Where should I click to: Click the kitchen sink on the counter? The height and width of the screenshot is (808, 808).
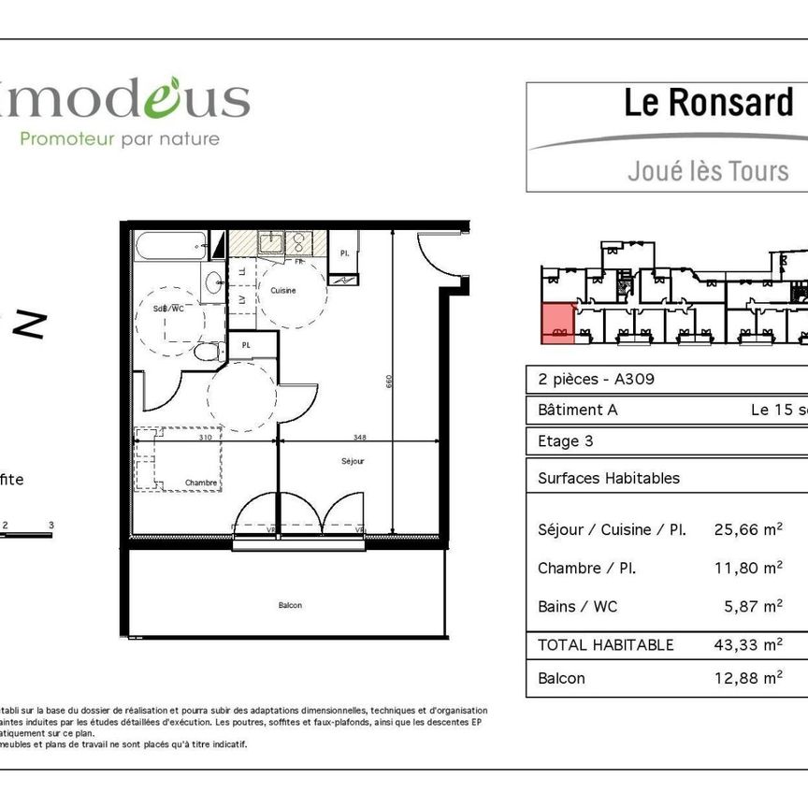point(271,242)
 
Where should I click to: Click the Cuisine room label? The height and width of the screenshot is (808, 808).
point(283,291)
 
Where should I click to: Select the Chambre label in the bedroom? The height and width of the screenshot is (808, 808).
point(201,483)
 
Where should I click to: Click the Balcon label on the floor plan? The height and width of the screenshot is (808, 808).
point(290,605)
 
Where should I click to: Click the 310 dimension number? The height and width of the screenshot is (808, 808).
point(204,437)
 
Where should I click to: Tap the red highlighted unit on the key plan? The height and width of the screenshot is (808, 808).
point(557,324)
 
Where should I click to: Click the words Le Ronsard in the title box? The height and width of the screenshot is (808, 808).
point(708,104)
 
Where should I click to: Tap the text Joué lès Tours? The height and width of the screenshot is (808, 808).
point(708,171)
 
